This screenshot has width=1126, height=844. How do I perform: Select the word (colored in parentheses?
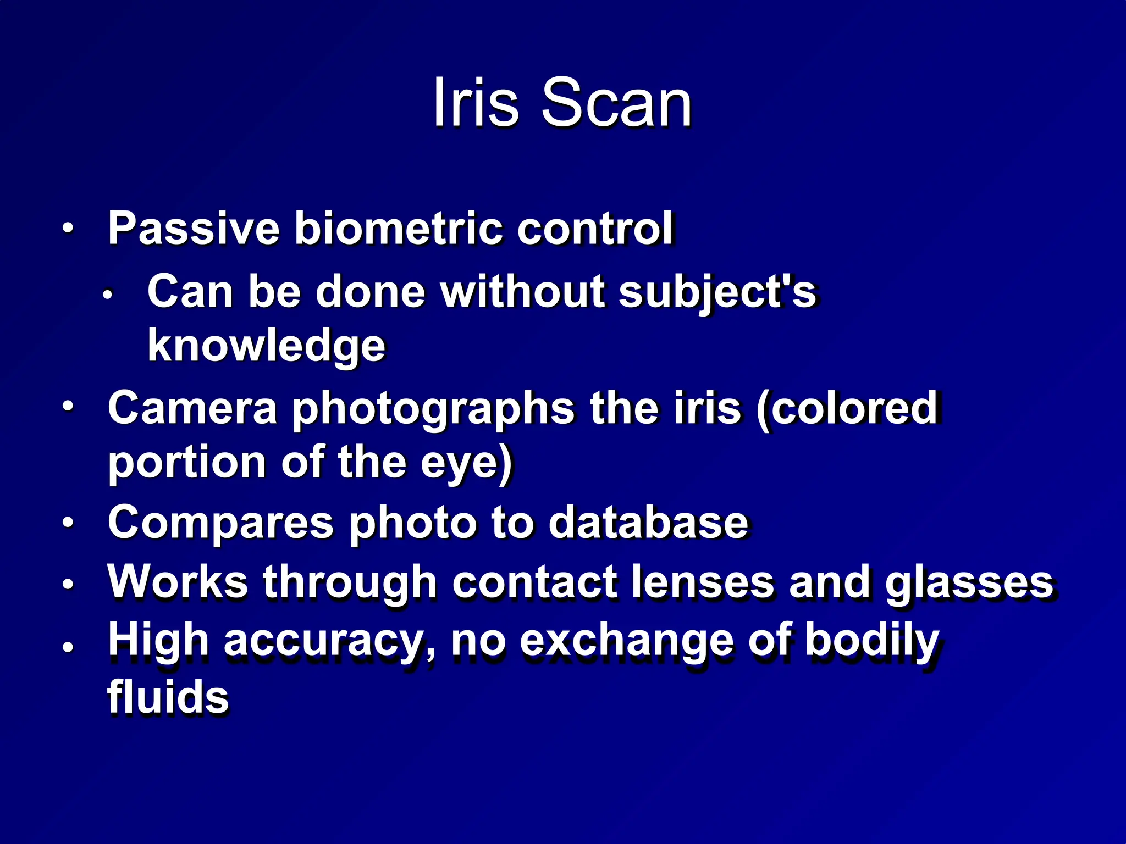pos(847,408)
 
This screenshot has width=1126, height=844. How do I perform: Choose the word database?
pos(648,522)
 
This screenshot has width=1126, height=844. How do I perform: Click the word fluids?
pos(168,697)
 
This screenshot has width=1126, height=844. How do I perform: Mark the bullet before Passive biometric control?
pos(67,228)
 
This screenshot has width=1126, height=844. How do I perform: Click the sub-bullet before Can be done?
pos(107,295)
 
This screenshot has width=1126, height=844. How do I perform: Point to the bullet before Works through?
pos(67,584)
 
